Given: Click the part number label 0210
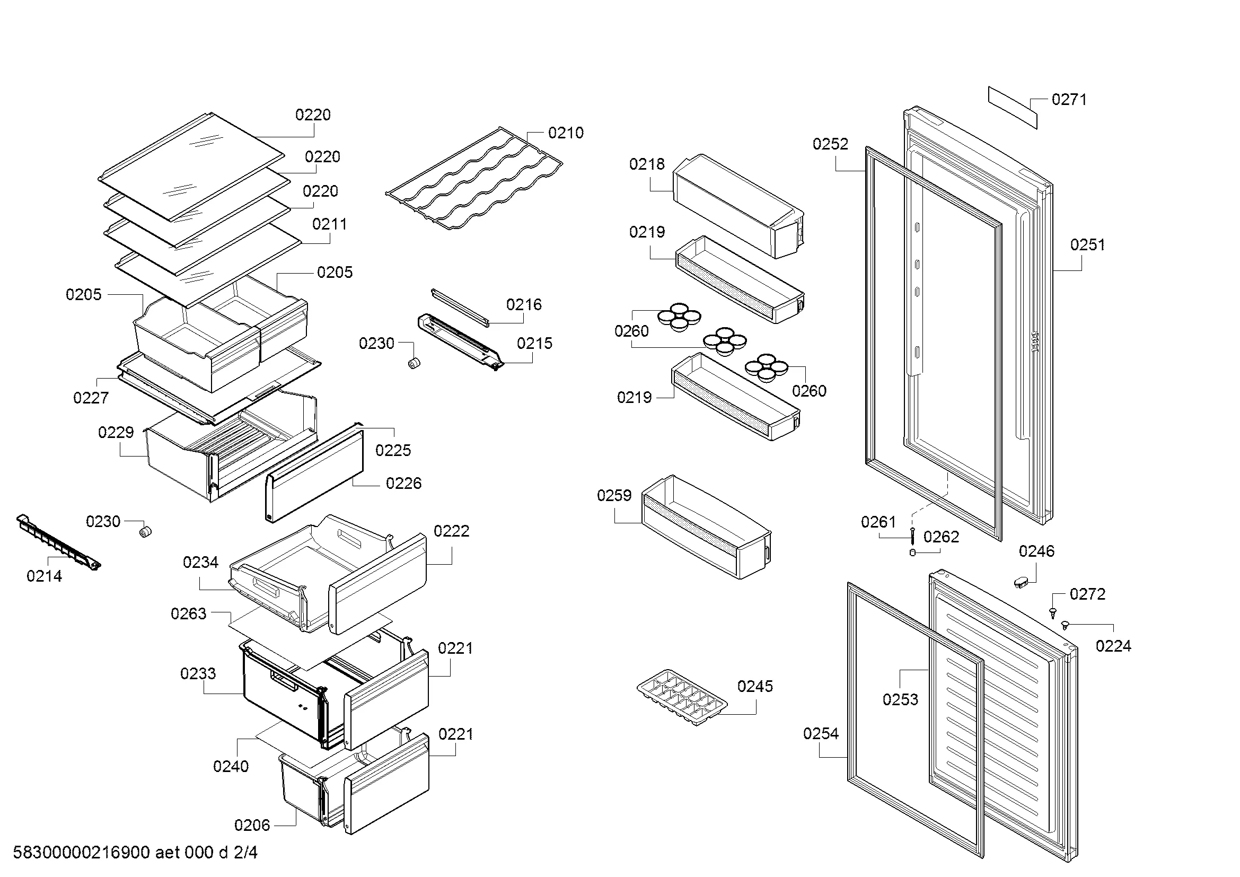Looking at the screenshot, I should pos(566,133).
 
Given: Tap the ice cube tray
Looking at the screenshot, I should pos(682,697).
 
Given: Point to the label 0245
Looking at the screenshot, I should pos(755,686).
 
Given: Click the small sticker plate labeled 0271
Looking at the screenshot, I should pos(1013,108).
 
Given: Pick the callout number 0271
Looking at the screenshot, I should pos(1069,99).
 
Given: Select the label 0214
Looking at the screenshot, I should pos(45,576).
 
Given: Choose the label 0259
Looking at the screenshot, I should pos(614,496).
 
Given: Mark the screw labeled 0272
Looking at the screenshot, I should pos(1053,612).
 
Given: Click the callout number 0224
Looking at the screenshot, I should pos(1113,646).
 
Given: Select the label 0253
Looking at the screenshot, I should pos(900,700).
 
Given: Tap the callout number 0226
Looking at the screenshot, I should pos(403,484).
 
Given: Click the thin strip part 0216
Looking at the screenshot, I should pos(460,308).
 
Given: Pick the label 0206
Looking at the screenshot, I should pos(252,825).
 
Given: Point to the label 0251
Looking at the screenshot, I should pos(1088,245).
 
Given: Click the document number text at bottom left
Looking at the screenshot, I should pos(135,853).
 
